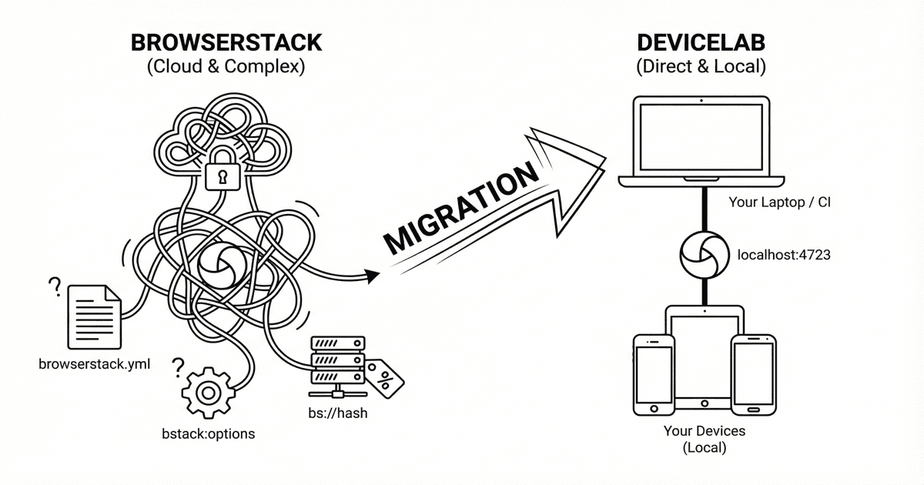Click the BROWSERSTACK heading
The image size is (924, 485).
[226, 42]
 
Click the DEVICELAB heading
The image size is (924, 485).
[701, 42]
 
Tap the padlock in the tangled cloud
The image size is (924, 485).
[223, 171]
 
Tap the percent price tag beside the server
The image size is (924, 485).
[383, 377]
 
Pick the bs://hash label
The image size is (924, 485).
[337, 413]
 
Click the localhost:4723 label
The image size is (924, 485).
[784, 254]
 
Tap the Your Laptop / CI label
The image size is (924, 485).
[778, 203]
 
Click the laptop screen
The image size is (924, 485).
[701, 135]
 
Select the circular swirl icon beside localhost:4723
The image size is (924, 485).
[701, 253]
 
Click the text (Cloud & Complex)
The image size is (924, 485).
[226, 67]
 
